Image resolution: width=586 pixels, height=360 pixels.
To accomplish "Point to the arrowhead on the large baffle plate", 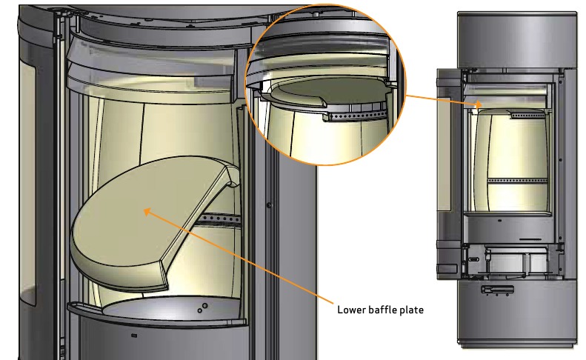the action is tap(147, 212).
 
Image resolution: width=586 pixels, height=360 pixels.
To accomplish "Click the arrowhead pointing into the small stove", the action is tap(478, 104).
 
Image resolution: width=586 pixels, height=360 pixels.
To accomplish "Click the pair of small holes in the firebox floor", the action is tap(202, 308).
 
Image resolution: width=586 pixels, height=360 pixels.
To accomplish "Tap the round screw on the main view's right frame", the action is tap(269, 205).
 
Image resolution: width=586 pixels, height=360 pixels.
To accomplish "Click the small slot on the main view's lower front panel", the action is tap(134, 336).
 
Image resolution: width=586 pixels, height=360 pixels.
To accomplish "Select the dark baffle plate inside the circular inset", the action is tap(329, 92).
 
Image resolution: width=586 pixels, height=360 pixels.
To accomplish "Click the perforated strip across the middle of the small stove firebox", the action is tap(518, 181).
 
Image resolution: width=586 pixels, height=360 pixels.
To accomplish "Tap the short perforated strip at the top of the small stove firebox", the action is tap(527, 116).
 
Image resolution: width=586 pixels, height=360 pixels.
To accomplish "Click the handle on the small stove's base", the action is tap(497, 289).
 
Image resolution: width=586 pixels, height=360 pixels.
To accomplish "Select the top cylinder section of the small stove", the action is tap(517, 40).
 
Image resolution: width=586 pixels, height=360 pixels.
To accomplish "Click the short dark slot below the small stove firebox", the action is tap(530, 239).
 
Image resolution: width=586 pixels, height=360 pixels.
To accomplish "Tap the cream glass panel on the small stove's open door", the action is tap(444, 153).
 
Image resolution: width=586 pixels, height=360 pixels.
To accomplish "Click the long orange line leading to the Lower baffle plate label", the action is tap(239, 257).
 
